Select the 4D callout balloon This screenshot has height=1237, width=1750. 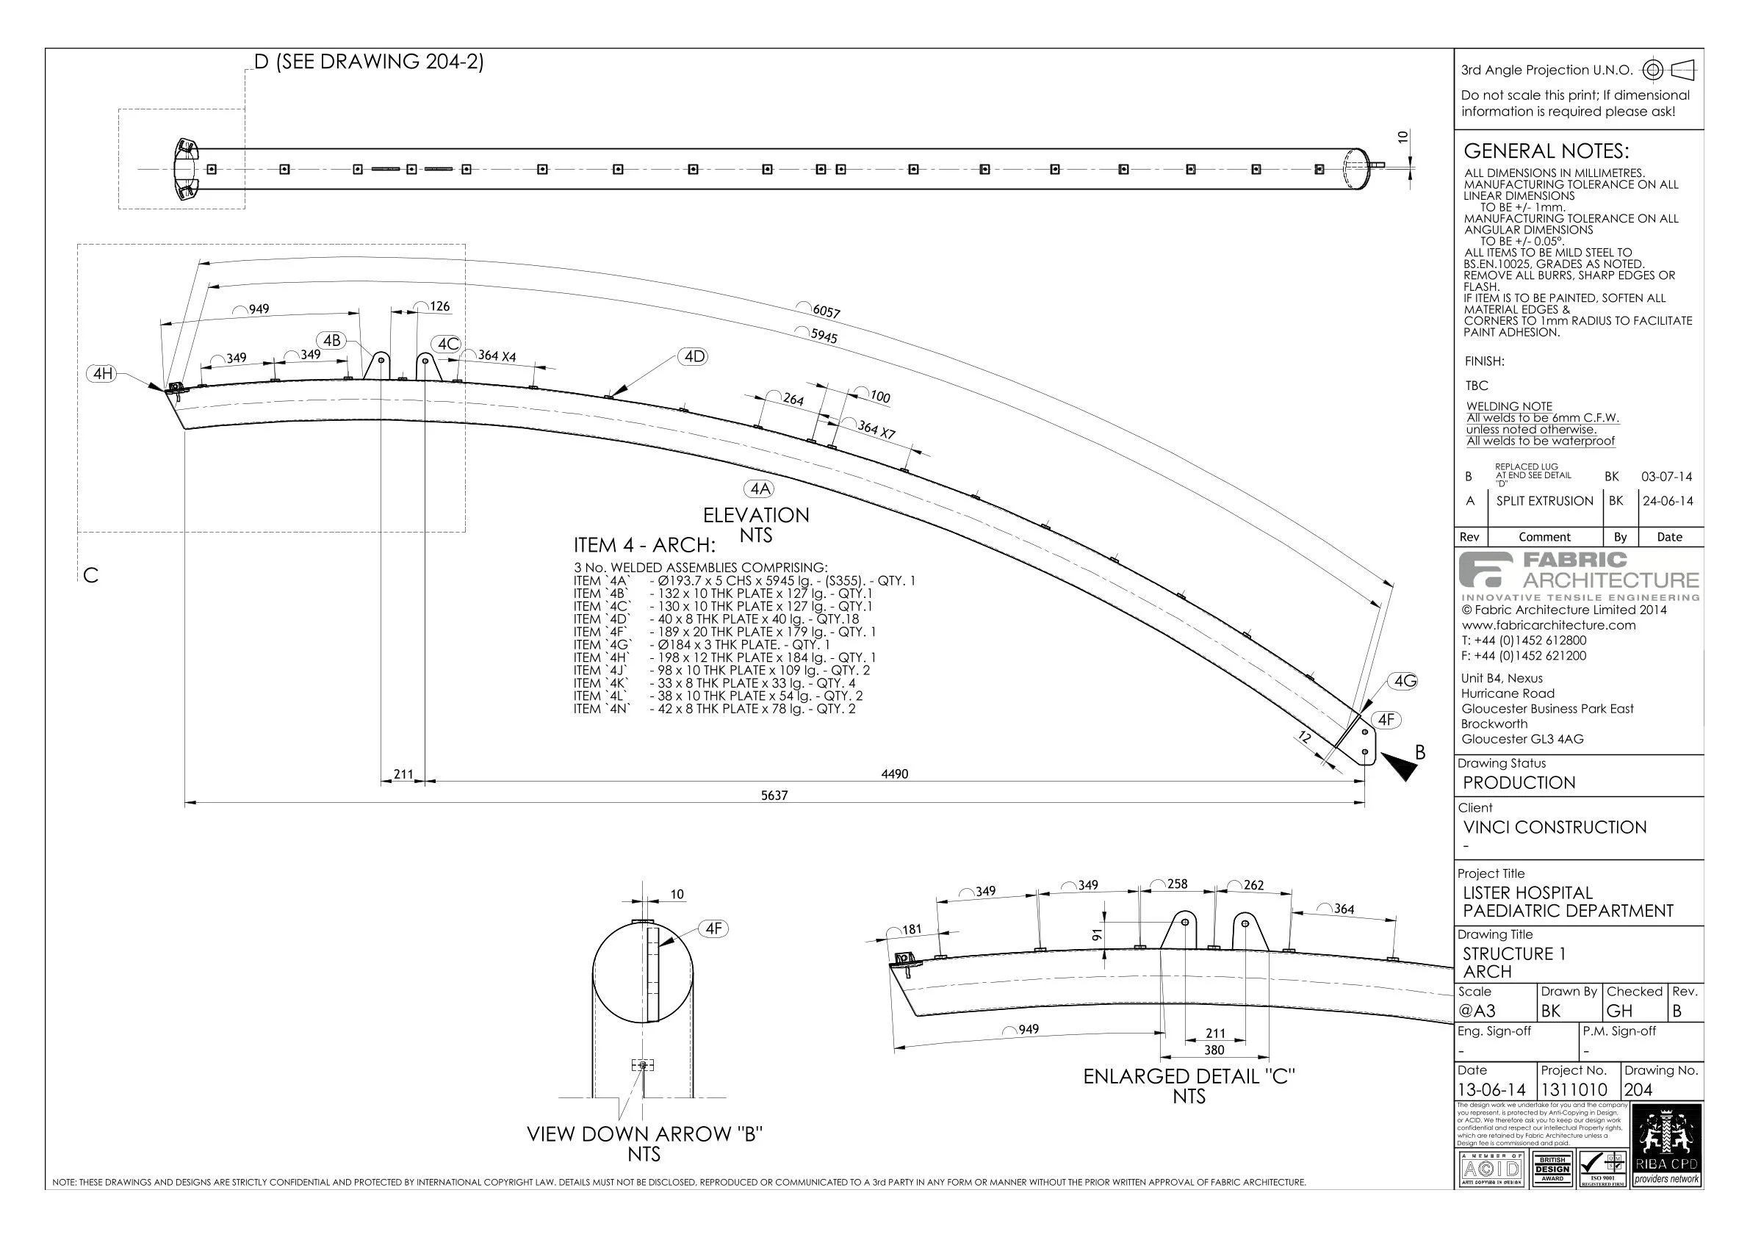point(694,356)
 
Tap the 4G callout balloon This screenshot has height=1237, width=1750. point(1405,681)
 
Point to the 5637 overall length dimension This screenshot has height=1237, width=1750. point(774,795)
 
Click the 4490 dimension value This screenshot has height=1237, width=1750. point(895,773)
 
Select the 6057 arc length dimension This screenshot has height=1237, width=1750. point(827,311)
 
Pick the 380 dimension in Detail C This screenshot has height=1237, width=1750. point(1214,1050)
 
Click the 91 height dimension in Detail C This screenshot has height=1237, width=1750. point(1098,934)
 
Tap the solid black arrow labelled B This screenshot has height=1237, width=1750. point(1400,766)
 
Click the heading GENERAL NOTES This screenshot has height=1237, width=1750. point(1546,151)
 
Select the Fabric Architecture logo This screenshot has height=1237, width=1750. point(1579,576)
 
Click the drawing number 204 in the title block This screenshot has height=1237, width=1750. point(1639,1089)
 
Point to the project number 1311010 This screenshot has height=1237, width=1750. point(1574,1089)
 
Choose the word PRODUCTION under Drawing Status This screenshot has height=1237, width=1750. point(1519,783)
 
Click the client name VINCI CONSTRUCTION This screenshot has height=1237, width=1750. point(1555,827)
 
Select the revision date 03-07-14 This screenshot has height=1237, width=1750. point(1666,476)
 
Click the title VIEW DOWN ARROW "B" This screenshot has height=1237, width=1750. point(644,1133)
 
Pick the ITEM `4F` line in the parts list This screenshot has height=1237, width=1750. point(724,632)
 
